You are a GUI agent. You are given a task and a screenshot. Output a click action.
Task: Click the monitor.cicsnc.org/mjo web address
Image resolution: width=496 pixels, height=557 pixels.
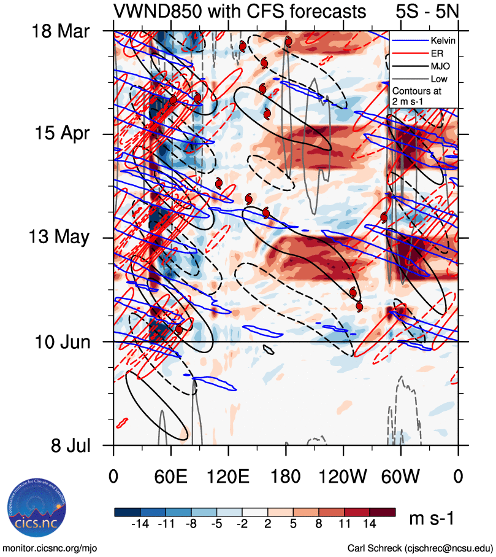click(x=50, y=547)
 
